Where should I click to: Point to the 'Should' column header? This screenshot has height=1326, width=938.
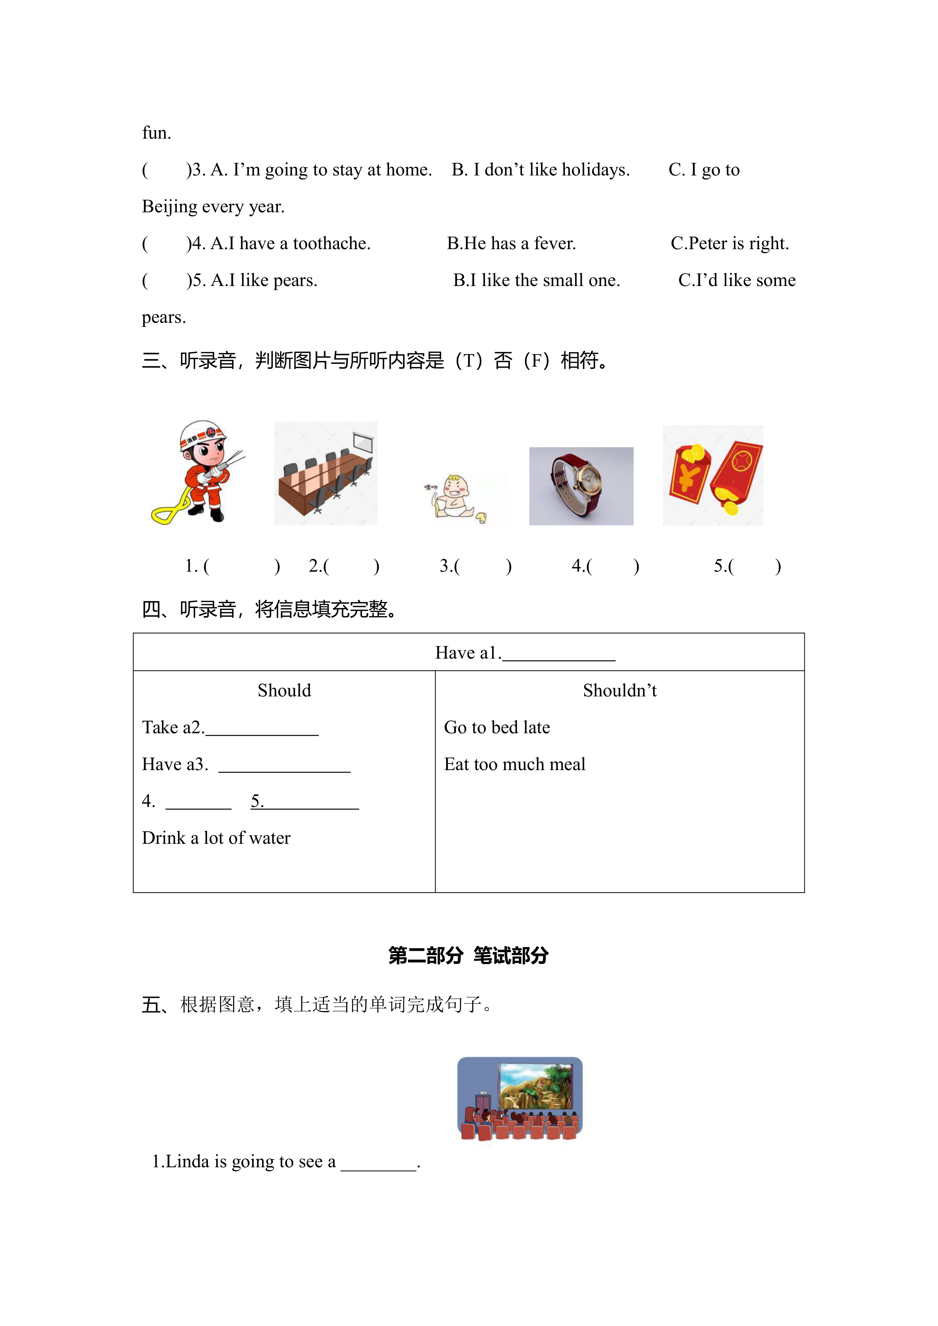pos(284,691)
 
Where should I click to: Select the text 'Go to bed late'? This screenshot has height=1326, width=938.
pos(497,728)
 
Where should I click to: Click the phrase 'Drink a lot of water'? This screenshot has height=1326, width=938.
pos(216,838)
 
